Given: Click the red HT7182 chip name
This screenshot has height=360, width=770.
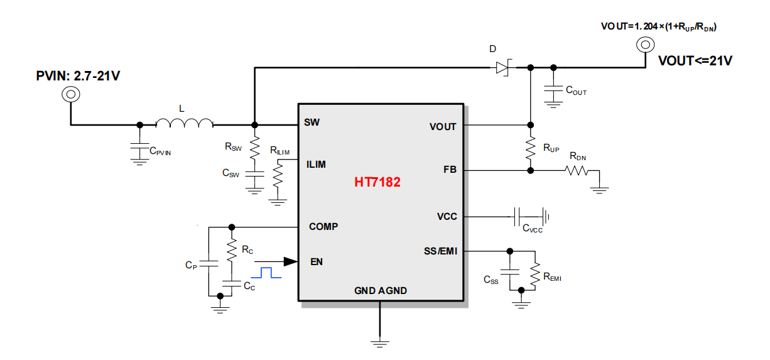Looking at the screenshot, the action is [x=377, y=182].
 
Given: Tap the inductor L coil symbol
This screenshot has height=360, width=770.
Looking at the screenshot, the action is [x=185, y=123].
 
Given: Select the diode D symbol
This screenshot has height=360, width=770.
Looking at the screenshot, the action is [x=504, y=67].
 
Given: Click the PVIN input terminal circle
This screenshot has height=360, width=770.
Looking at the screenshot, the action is [x=71, y=94].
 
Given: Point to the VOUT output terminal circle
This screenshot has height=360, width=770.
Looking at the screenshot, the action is [x=645, y=45].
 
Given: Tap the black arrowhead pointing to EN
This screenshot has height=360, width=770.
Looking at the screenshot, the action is [x=290, y=261].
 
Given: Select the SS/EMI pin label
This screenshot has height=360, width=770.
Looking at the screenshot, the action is [x=440, y=251].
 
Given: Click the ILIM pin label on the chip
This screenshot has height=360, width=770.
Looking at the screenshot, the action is [x=316, y=165].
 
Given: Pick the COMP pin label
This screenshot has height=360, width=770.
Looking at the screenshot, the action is [x=323, y=227].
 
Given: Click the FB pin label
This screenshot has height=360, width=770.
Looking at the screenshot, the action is [x=450, y=170].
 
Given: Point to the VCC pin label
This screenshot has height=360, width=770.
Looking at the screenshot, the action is [x=447, y=217].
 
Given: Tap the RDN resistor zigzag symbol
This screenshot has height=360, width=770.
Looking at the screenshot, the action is [x=577, y=170].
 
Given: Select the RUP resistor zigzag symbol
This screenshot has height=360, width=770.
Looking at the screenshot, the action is [x=531, y=148].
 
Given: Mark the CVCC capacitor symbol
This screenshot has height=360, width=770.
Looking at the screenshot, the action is [x=517, y=217].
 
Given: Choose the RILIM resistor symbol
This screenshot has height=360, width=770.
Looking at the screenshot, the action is [x=278, y=175].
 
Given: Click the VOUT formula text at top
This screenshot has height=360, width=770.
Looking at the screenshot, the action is [x=659, y=27].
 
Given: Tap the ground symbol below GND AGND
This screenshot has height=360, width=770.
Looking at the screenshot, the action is [x=380, y=344].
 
